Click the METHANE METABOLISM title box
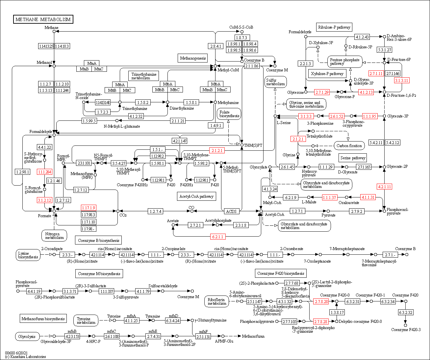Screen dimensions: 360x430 (43, 19)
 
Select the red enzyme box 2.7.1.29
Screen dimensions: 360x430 (322, 92)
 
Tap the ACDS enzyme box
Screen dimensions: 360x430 (231, 211)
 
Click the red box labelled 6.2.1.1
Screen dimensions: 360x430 (217, 237)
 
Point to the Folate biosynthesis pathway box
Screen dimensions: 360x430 (229, 114)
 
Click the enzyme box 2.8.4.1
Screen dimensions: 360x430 (215, 46)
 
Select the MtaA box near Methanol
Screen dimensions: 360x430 (92, 63)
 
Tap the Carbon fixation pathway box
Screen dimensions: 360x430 (349, 146)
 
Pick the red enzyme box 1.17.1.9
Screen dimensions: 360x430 (89, 208)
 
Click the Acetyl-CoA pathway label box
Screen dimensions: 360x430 (196, 196)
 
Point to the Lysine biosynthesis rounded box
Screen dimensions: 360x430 (28, 255)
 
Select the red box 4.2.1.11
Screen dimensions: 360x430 (384, 187)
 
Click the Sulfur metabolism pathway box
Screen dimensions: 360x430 (276, 82)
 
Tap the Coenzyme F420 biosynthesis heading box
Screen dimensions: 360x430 (281, 273)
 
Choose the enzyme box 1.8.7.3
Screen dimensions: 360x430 (241, 38)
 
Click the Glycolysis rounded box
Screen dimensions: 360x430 (27, 337)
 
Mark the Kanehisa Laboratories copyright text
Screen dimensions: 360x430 (25, 357)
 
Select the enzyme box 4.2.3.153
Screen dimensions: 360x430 (72, 336)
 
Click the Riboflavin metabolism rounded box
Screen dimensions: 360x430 (217, 301)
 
